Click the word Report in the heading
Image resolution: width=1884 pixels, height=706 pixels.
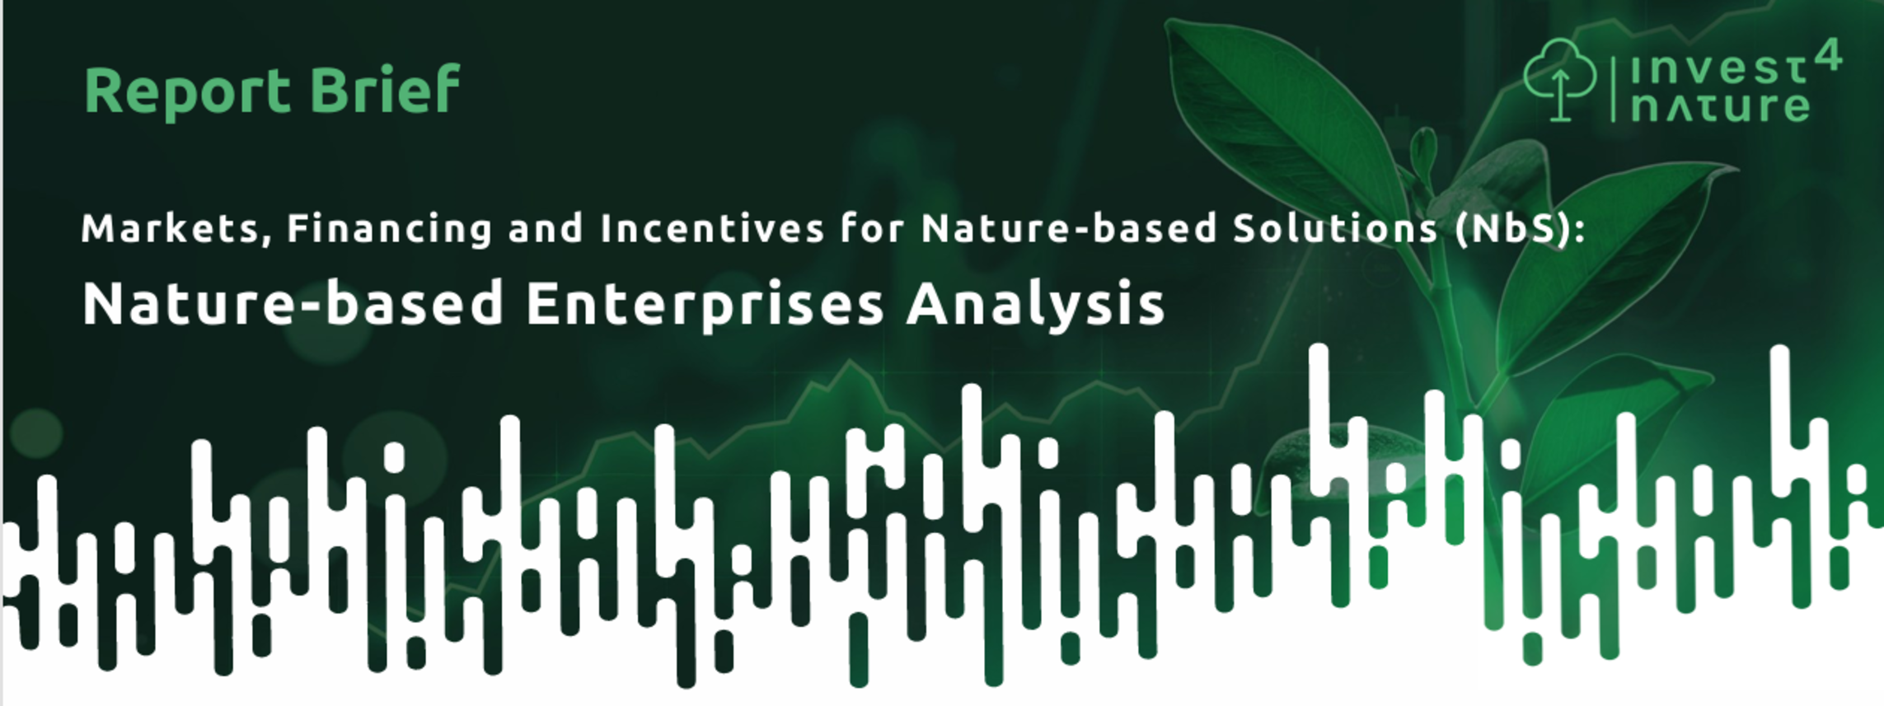[x=187, y=91]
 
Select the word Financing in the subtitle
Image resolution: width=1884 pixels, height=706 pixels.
[x=389, y=229]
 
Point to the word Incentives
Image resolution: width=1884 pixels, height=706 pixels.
[x=712, y=228]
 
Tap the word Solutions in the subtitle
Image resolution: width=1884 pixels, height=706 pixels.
[x=1335, y=228]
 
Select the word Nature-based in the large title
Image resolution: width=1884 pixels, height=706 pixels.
[x=293, y=303]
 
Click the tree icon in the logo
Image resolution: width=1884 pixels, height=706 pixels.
[x=1559, y=80]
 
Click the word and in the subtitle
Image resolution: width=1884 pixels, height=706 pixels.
[x=546, y=228]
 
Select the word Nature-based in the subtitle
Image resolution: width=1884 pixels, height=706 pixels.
[x=1069, y=228]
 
